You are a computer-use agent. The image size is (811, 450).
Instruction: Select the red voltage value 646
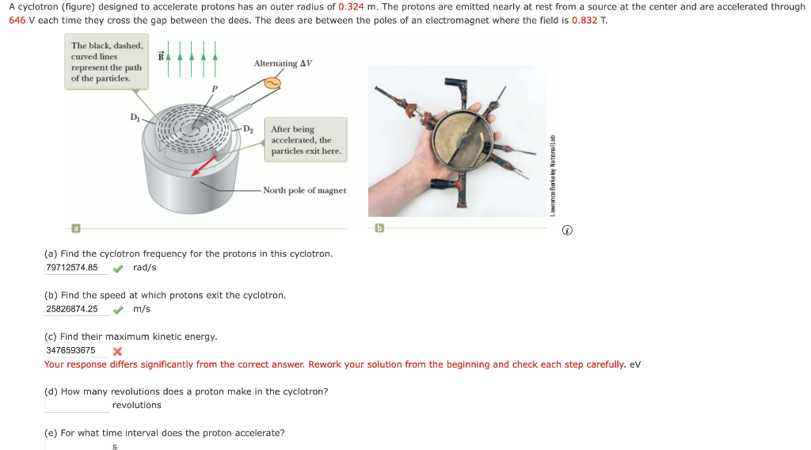(17, 19)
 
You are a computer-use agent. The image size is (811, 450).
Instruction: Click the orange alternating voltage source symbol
(272, 82)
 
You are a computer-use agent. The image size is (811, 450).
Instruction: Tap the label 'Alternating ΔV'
(283, 63)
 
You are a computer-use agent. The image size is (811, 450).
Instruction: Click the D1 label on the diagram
(135, 117)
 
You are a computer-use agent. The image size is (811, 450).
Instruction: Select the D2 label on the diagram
(248, 128)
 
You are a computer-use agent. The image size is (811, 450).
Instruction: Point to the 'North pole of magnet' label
(304, 190)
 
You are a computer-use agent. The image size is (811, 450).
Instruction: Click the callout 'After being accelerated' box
(307, 139)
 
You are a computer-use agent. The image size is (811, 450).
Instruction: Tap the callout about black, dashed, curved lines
(106, 62)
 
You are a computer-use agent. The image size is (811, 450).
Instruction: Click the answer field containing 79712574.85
(76, 268)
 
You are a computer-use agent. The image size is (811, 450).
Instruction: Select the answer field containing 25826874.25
(76, 309)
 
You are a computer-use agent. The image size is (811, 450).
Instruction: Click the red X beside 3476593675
(117, 351)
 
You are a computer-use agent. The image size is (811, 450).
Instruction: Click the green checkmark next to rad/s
(117, 268)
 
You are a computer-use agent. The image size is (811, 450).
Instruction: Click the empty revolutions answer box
(76, 405)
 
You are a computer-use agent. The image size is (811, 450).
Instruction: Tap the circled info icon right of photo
(566, 231)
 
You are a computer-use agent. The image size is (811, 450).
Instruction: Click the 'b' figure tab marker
(379, 229)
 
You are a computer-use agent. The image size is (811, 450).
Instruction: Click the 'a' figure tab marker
(76, 229)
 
